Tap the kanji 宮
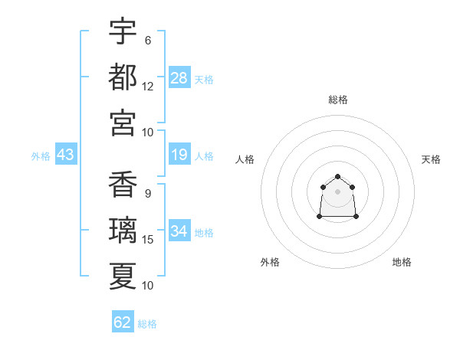(123, 122)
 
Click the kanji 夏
(123, 275)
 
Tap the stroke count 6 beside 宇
(147, 40)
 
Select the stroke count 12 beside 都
(148, 86)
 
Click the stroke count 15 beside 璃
(148, 240)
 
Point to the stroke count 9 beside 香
(147, 193)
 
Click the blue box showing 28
(179, 78)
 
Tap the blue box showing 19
(179, 155)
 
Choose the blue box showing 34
(179, 231)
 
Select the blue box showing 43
(65, 155)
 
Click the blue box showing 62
(123, 322)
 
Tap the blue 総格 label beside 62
(147, 324)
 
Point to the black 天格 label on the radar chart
(431, 159)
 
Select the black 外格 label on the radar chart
(270, 262)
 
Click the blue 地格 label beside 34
(204, 233)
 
